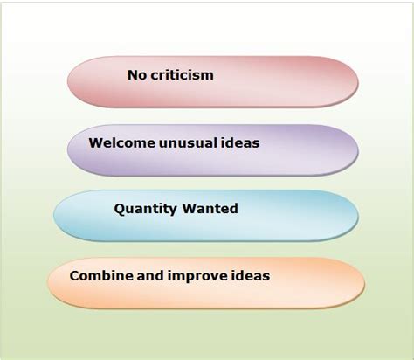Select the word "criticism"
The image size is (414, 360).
[183, 75]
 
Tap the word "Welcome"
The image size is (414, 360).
[119, 142]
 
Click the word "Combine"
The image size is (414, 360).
[100, 276]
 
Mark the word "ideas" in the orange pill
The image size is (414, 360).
[250, 276]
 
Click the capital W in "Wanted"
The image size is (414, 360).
[189, 210]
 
